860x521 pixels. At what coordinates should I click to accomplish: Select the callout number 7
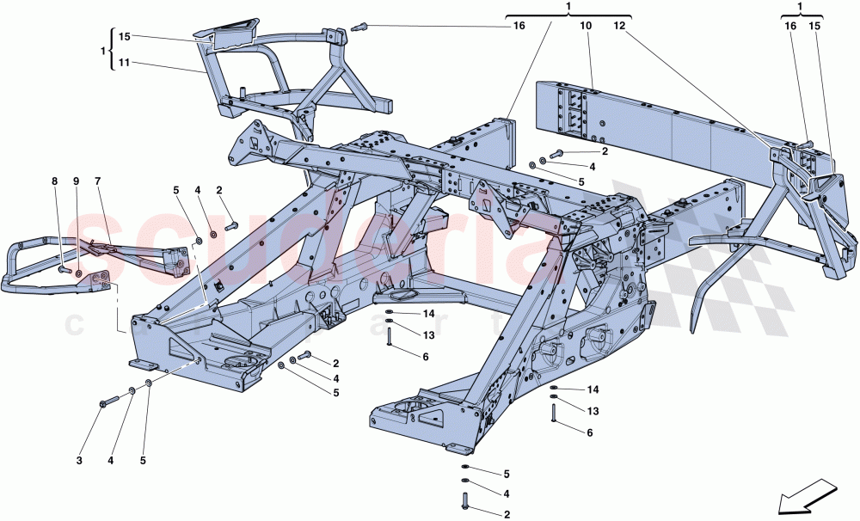98,181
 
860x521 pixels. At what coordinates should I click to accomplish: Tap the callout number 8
54,181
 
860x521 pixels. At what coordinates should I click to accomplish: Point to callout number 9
76,181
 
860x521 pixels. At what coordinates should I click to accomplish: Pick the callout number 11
125,63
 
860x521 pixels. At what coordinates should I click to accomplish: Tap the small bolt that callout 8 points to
64,269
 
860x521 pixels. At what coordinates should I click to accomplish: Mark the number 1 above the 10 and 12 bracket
569,7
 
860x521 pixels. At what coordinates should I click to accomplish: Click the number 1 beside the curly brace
104,51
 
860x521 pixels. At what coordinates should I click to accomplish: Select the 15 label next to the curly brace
125,37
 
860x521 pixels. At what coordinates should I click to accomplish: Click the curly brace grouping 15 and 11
113,50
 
